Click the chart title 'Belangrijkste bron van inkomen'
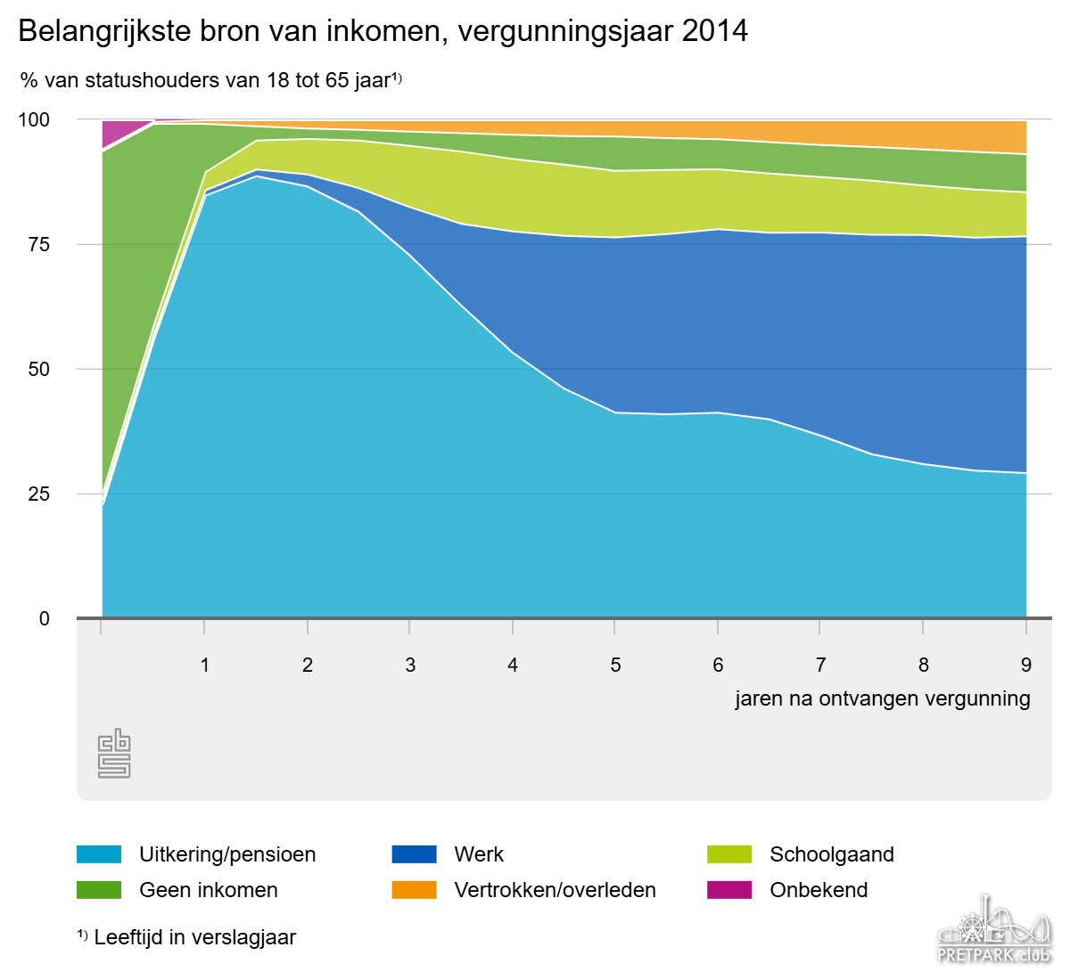383,31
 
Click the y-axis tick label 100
35,119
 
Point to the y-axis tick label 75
39,244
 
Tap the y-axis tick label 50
39,369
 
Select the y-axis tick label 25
39,494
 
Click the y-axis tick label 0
45,618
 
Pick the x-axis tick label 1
205,665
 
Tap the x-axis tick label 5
615,665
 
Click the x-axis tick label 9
1026,665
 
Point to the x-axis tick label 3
410,665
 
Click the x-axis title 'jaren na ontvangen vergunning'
882,698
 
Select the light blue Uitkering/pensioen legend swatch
99,854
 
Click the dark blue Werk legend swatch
415,854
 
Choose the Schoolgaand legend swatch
729,854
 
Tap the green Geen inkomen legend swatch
99,890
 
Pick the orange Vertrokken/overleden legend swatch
415,890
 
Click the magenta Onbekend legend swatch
729,890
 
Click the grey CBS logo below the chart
114,754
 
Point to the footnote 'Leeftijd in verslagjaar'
194,937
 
